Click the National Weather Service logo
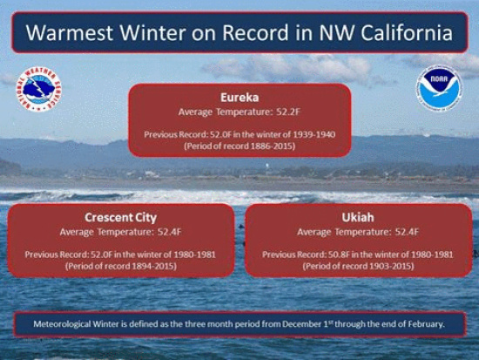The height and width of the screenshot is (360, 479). [x=39, y=89]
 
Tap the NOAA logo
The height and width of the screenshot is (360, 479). [x=439, y=88]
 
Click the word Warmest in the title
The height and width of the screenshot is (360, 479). [x=70, y=32]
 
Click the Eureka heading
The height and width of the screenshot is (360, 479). [x=239, y=98]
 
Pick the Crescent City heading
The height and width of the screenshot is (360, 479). [x=121, y=217]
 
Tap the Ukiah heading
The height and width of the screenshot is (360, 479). [x=358, y=217]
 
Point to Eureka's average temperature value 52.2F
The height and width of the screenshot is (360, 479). [x=288, y=112]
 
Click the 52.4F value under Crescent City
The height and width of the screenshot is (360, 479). [x=170, y=232]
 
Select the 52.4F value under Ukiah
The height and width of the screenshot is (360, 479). [x=407, y=232]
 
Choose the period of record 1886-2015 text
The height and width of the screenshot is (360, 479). [x=239, y=146]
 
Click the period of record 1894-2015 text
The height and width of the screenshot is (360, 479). [x=121, y=266]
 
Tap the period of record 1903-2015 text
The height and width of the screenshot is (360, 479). [x=358, y=266]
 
